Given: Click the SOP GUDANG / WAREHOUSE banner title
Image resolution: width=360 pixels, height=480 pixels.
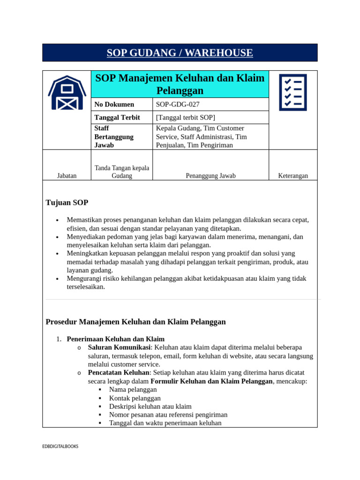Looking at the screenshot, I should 180,53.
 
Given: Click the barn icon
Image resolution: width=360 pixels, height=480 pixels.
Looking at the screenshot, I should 67,92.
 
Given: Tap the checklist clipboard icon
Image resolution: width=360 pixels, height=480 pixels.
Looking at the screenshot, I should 293,92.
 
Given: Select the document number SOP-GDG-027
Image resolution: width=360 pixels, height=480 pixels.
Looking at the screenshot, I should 174,105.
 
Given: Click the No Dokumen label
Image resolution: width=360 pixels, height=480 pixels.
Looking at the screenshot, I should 114,105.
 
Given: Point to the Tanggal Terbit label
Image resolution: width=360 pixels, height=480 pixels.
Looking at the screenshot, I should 117,118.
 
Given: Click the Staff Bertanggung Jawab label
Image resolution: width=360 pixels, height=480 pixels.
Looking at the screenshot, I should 114,137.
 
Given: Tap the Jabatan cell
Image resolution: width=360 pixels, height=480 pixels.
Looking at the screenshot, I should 67,176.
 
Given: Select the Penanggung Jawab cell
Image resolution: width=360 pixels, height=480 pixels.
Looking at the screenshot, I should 210,176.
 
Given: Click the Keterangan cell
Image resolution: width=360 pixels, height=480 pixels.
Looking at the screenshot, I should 293,176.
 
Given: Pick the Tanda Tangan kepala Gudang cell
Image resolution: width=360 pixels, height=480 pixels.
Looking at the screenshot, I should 122,172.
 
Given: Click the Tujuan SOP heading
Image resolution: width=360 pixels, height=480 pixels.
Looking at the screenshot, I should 67,202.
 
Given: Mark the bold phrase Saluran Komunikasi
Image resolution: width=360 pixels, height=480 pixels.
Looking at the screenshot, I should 119,347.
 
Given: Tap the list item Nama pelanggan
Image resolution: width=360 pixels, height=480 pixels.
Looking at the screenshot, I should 133,390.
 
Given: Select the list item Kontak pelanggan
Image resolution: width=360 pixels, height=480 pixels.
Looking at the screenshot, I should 135,398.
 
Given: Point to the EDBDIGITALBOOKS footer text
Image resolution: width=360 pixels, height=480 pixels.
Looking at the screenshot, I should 60,447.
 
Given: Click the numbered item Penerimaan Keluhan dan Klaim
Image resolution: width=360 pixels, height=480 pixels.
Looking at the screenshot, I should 115,339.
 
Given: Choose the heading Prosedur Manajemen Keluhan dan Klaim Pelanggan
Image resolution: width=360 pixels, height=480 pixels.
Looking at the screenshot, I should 135,322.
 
